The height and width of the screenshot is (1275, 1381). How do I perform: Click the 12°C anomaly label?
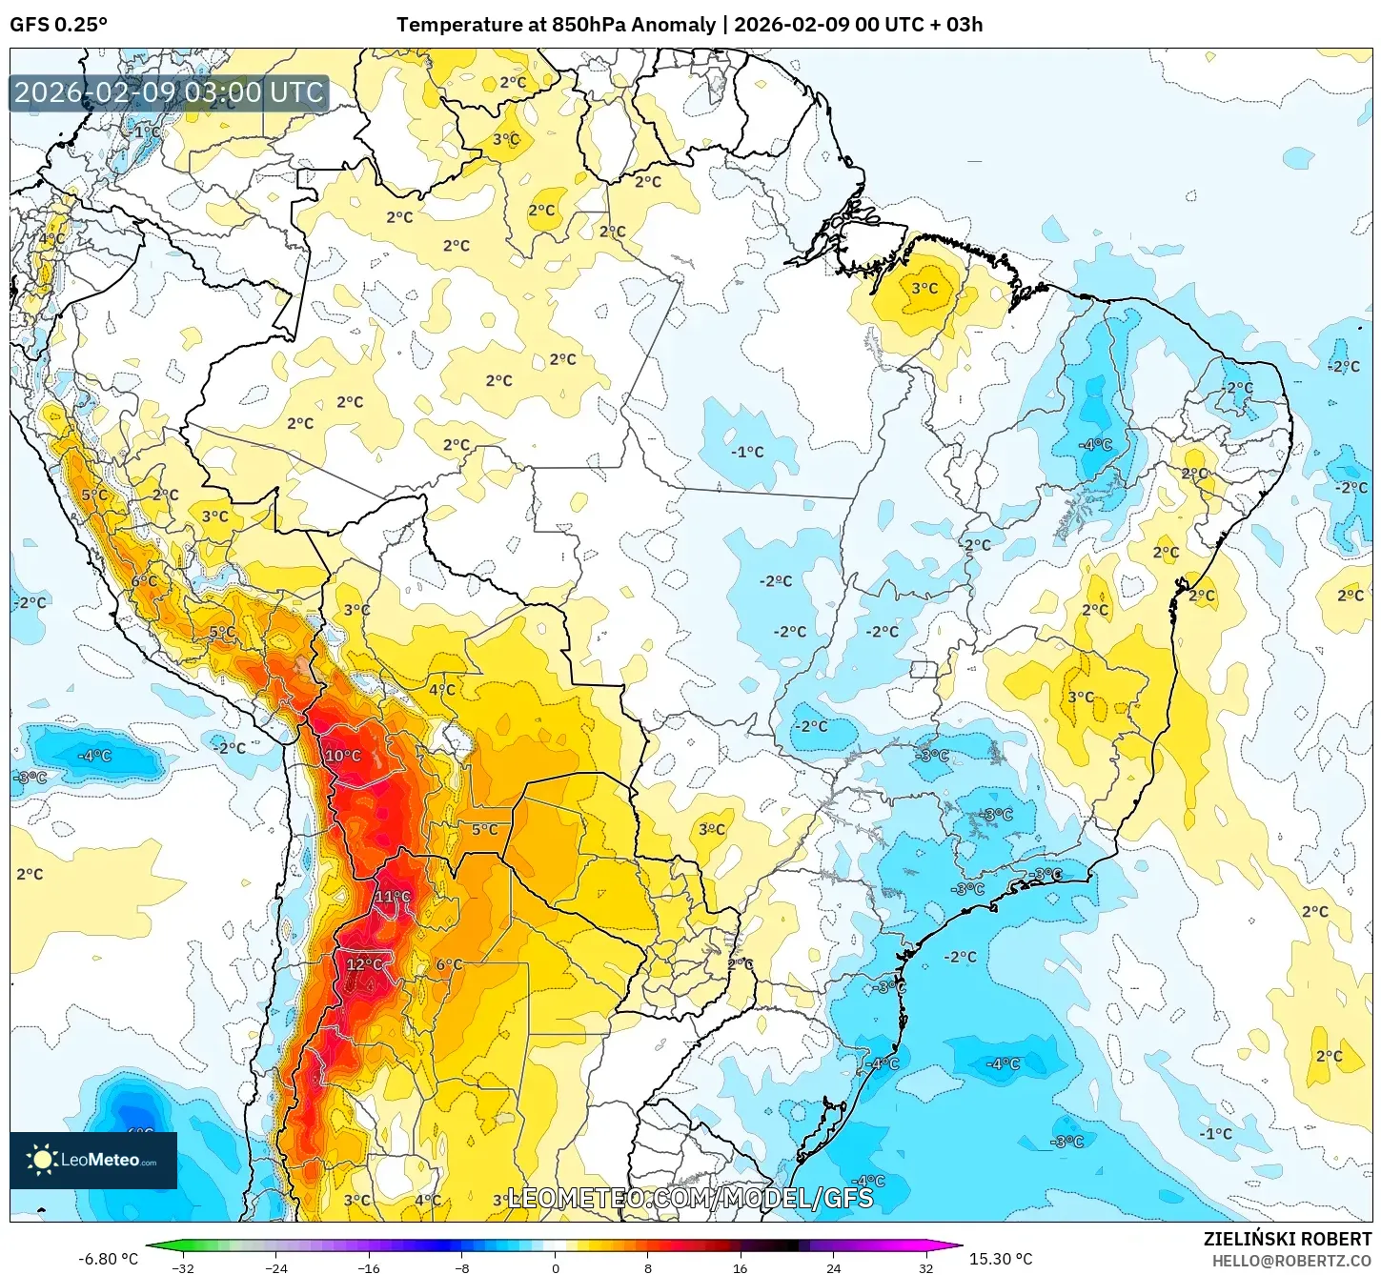[x=364, y=964]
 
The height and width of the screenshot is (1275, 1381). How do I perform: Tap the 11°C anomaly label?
[x=393, y=897]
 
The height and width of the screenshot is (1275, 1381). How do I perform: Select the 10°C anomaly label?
[x=343, y=756]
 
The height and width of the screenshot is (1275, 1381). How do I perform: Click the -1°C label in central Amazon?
[x=747, y=452]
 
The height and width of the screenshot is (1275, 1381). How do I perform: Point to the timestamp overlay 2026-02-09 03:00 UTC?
[x=169, y=93]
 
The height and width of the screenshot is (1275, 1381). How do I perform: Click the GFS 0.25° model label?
[x=58, y=25]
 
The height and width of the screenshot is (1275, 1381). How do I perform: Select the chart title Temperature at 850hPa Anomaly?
[x=556, y=25]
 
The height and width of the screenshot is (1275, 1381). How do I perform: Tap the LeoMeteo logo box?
[x=93, y=1160]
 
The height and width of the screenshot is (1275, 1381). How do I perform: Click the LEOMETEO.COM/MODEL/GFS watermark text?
[x=690, y=1198]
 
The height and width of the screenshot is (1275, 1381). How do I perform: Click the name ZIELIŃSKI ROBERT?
[x=1287, y=1239]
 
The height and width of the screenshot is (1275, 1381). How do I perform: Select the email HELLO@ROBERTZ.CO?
[x=1291, y=1261]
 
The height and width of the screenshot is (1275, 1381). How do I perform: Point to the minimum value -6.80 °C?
[x=108, y=1259]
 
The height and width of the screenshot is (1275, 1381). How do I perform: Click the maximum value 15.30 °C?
[x=1001, y=1259]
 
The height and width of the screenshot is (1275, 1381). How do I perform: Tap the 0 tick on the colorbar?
[x=556, y=1267]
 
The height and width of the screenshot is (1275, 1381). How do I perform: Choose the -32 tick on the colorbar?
[x=183, y=1267]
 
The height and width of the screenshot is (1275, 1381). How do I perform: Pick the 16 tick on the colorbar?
[x=741, y=1267]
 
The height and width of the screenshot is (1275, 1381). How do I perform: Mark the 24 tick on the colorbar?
[x=833, y=1267]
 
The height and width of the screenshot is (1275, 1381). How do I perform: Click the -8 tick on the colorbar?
[x=462, y=1267]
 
